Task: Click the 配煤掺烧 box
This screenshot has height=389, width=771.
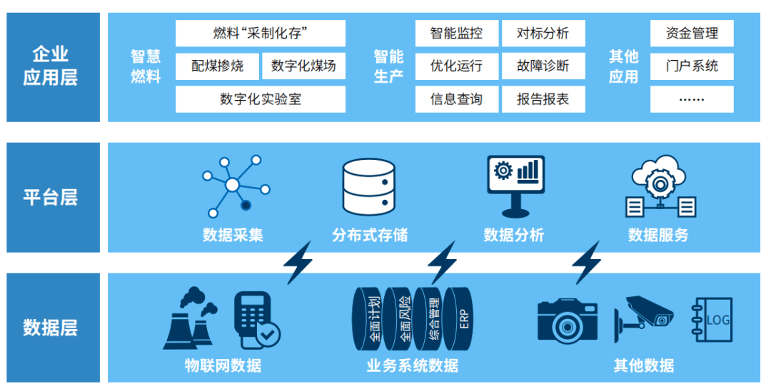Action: [217, 66]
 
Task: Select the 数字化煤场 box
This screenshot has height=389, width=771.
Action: [303, 66]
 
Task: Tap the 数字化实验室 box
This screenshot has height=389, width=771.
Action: [260, 99]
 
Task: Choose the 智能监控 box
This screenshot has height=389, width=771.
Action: [456, 34]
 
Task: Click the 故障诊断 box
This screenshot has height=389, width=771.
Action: [543, 66]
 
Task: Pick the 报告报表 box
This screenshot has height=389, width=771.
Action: [543, 99]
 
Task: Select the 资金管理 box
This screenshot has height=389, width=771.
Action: [691, 34]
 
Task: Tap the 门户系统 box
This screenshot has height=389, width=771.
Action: [691, 66]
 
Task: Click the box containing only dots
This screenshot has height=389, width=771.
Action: [691, 99]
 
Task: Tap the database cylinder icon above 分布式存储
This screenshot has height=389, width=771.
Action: [368, 186]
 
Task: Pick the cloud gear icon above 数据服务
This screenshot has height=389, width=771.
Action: [660, 188]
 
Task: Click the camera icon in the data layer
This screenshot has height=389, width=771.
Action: [568, 320]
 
